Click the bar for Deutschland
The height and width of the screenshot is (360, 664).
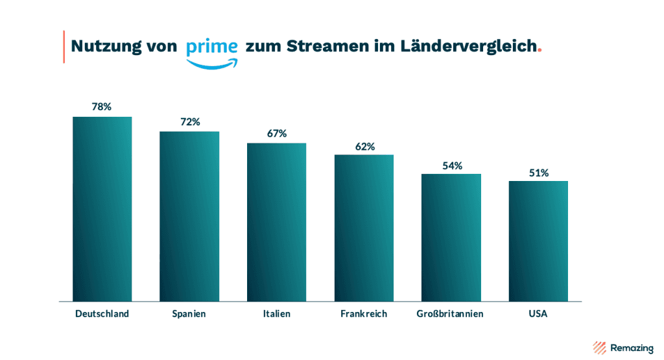102,209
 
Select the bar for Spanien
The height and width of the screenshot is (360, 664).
189,217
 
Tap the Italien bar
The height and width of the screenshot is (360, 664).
276,222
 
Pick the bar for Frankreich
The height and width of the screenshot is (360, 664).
364,228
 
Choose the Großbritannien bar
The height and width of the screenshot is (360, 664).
451,237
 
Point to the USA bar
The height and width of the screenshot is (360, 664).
538,241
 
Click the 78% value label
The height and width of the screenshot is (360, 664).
102,107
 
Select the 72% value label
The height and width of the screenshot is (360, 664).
189,122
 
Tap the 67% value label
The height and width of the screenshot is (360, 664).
277,134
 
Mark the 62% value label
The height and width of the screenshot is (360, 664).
364,147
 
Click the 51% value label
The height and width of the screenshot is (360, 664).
538,173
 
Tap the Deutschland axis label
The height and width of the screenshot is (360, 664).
102,314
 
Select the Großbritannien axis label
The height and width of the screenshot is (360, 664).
450,314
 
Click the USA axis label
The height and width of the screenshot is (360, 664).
538,314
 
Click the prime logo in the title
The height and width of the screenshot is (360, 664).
211,51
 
